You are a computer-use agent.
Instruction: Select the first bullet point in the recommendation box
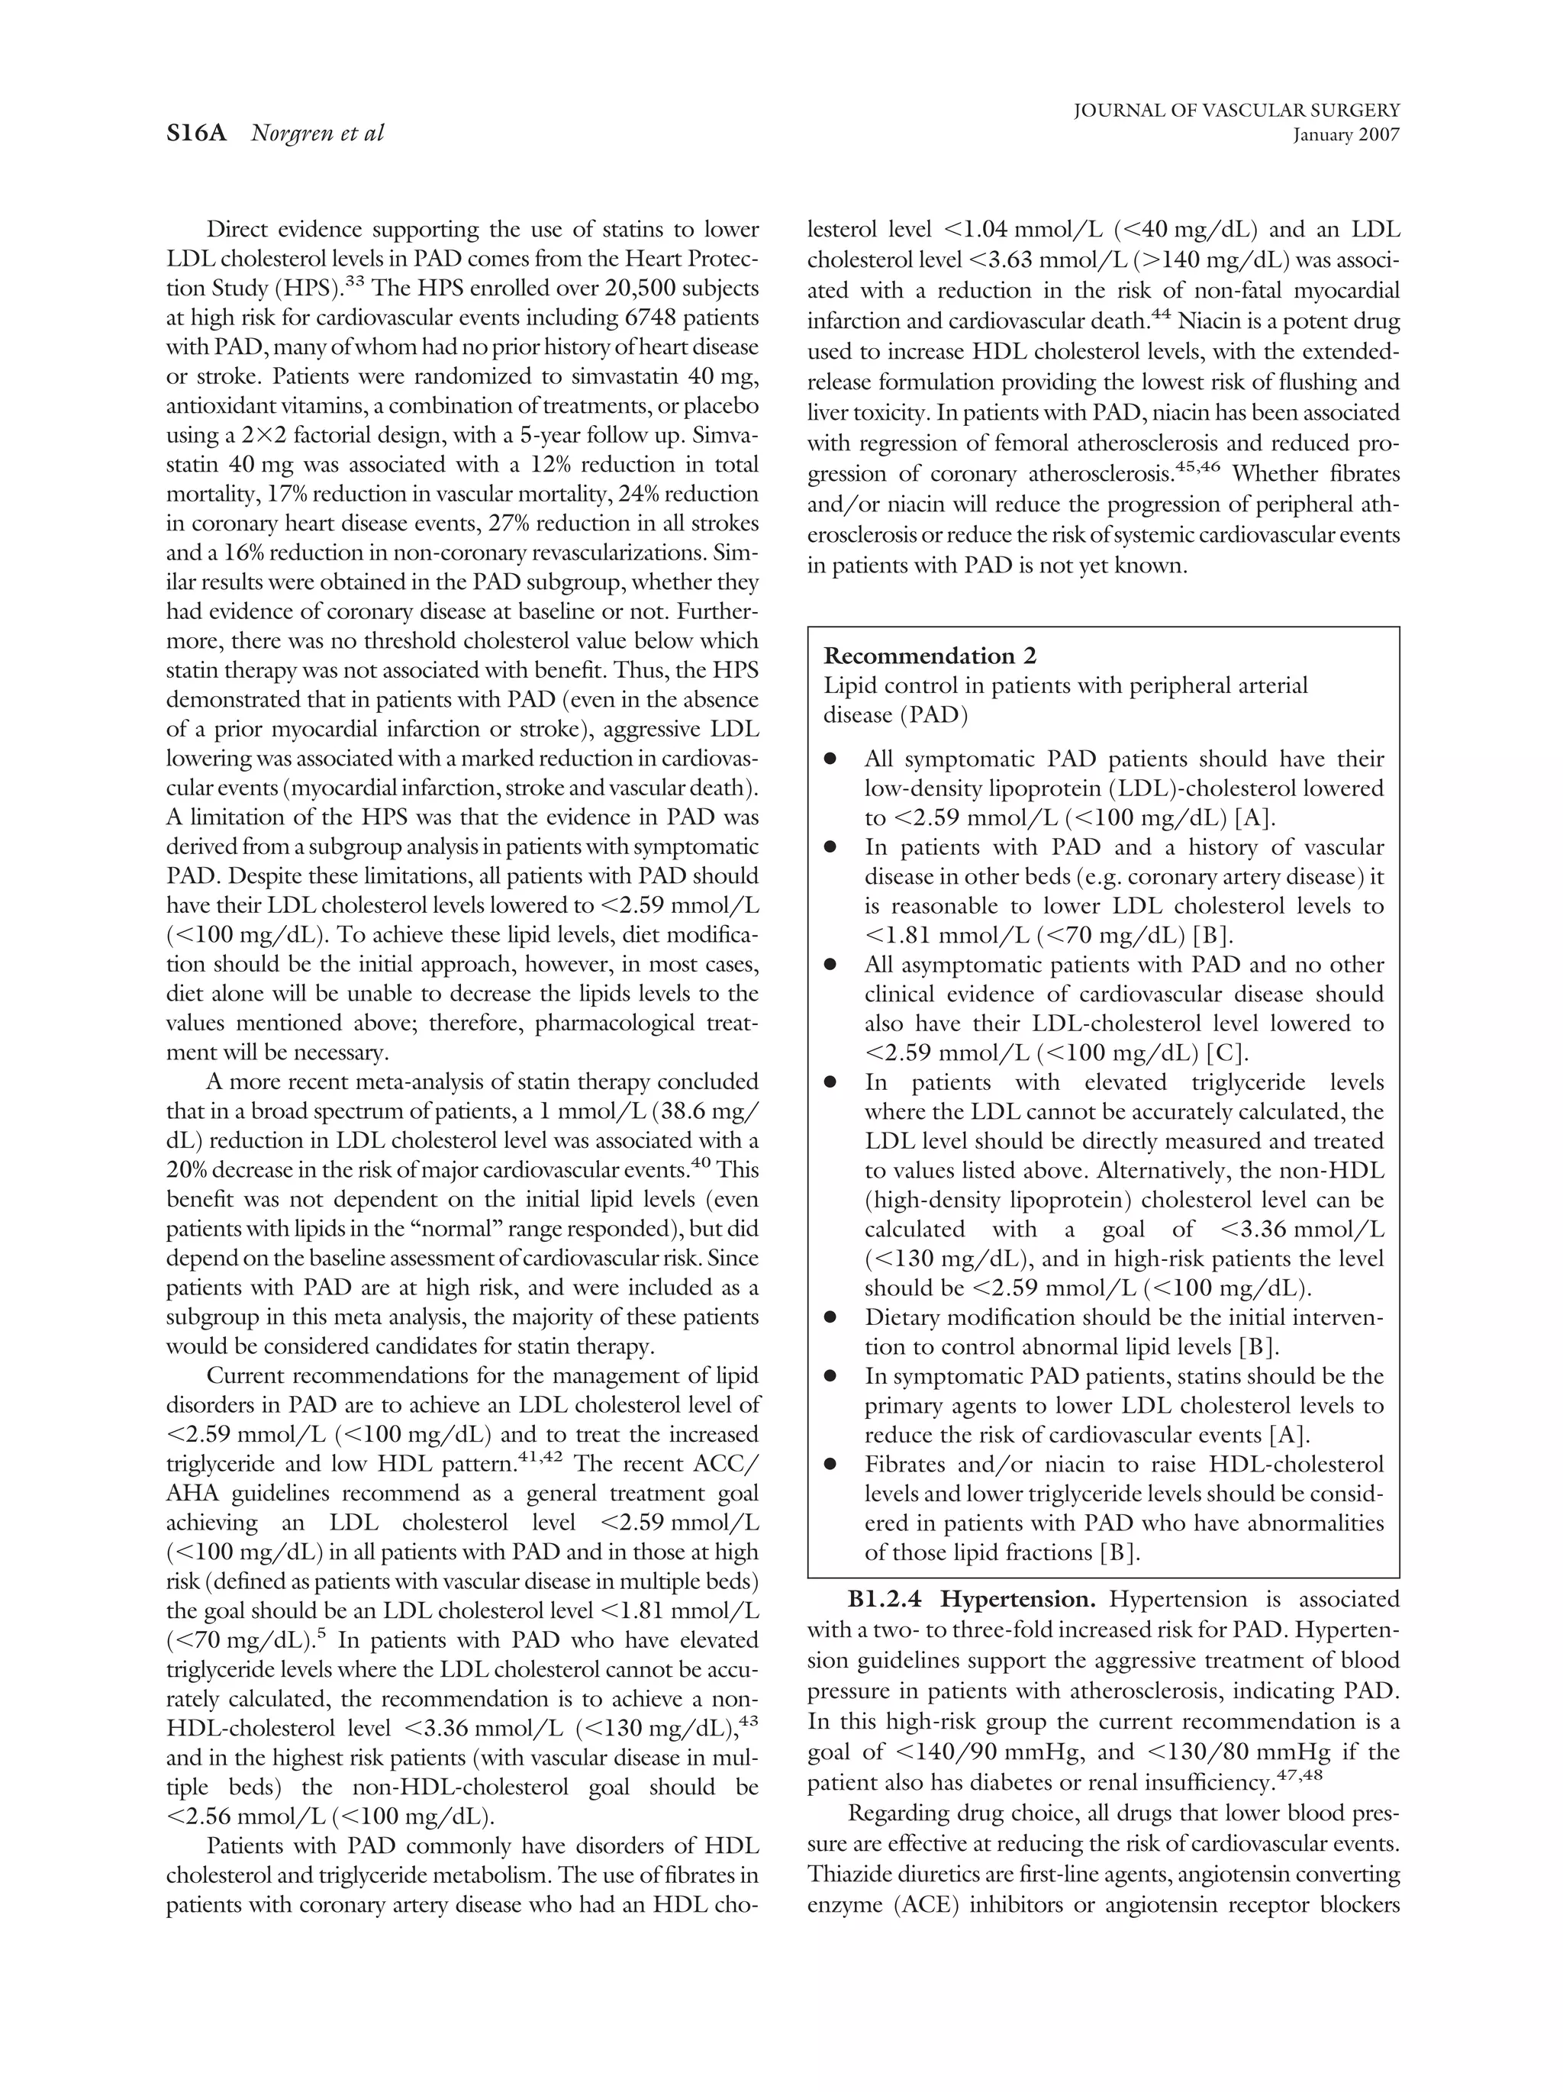point(830,759)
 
